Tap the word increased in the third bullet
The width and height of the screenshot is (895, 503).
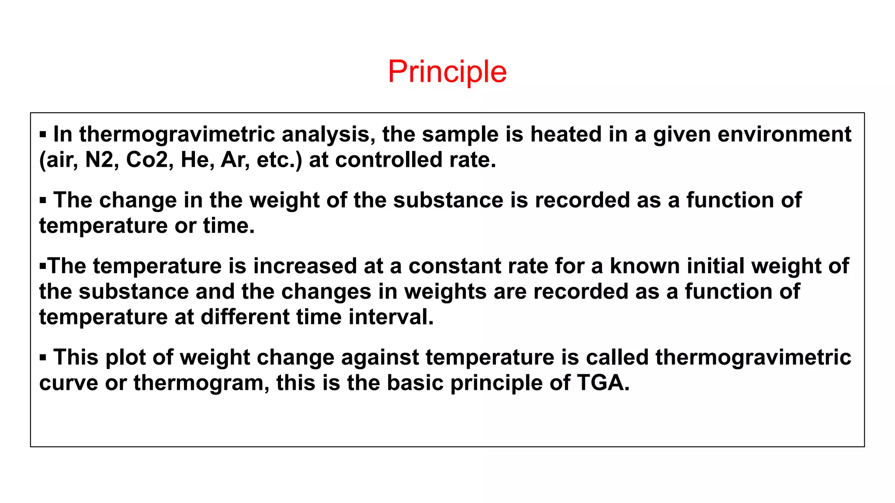pyautogui.click(x=305, y=266)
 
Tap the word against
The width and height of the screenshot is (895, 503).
pyautogui.click(x=380, y=358)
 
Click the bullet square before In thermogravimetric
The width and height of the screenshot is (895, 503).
pyautogui.click(x=43, y=135)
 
